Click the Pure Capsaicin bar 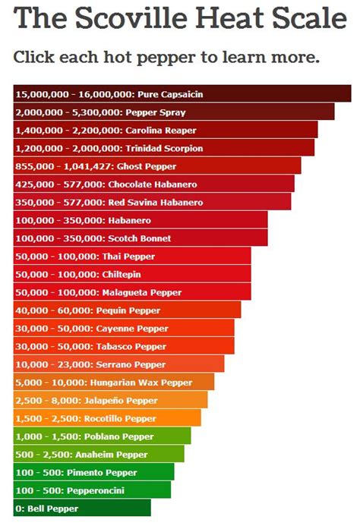pos(182,93)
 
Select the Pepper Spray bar pos(174,112)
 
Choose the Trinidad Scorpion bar pos(163,148)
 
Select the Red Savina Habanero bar pos(152,202)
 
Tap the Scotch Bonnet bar pos(141,238)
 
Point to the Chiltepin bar pos(132,274)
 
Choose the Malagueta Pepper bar pos(132,292)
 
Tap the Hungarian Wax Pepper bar pos(114,383)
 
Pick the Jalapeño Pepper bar pos(110,400)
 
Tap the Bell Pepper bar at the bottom pos(82,508)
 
